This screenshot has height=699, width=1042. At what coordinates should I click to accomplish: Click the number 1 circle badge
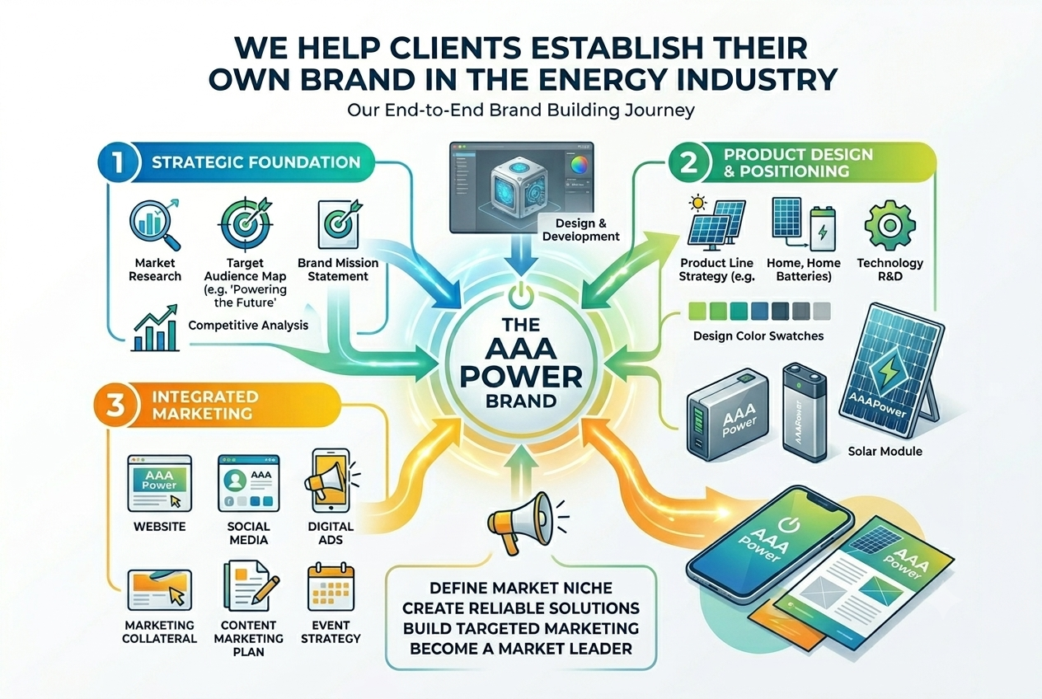(117, 162)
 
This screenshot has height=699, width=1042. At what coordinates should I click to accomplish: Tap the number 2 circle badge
(688, 162)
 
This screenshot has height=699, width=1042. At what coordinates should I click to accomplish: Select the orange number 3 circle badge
(115, 405)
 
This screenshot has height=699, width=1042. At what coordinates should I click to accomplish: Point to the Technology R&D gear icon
(889, 226)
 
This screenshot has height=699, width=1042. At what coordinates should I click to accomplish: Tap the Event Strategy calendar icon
(331, 587)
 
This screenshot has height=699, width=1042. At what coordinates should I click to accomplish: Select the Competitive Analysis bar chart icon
(155, 328)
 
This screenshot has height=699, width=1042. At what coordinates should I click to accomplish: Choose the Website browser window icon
(160, 483)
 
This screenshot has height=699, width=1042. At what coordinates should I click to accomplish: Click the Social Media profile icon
(248, 483)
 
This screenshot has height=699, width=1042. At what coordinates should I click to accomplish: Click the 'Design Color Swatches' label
(758, 335)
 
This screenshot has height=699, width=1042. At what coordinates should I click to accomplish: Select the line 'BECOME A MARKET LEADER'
(520, 649)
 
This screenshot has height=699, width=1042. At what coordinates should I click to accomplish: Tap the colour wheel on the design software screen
(580, 165)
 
